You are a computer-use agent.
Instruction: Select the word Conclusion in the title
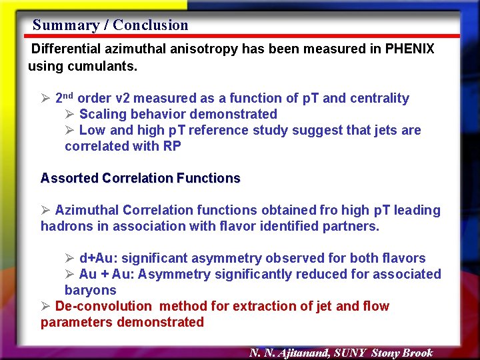[151, 25]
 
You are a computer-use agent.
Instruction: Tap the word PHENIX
[409, 49]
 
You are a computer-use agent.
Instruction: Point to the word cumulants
[105, 66]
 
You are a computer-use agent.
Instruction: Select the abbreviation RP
[171, 146]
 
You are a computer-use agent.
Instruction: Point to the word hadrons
[65, 226]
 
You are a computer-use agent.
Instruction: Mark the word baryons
[90, 290]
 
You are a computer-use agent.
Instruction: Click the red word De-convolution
[103, 306]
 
